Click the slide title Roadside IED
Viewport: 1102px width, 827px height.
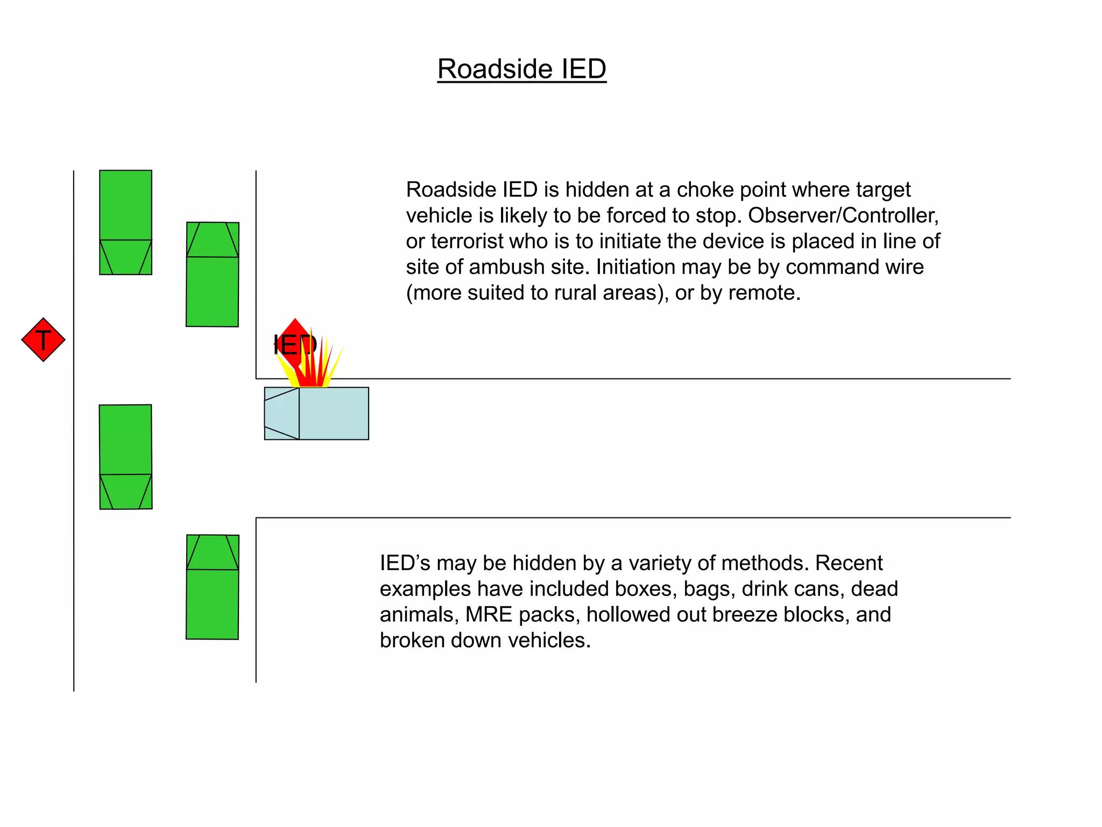coord(521,69)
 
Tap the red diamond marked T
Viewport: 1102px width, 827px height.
coord(44,340)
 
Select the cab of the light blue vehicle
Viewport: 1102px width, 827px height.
coord(282,413)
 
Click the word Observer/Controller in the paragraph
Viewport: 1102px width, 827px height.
coord(843,215)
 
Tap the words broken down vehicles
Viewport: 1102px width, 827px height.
coord(485,641)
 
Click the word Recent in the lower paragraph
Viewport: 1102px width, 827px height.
coord(849,563)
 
